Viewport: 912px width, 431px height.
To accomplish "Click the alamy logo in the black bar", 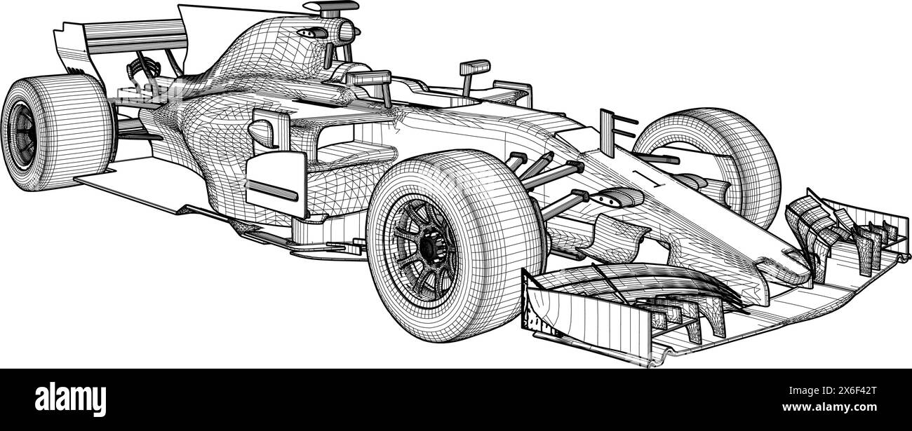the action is (x=70, y=399).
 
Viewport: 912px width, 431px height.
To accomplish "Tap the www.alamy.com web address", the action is (x=829, y=407).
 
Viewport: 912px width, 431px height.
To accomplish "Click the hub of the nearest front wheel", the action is (x=427, y=247).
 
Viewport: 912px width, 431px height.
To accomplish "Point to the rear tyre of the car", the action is (x=57, y=132).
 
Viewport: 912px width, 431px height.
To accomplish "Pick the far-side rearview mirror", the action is (x=474, y=75).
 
